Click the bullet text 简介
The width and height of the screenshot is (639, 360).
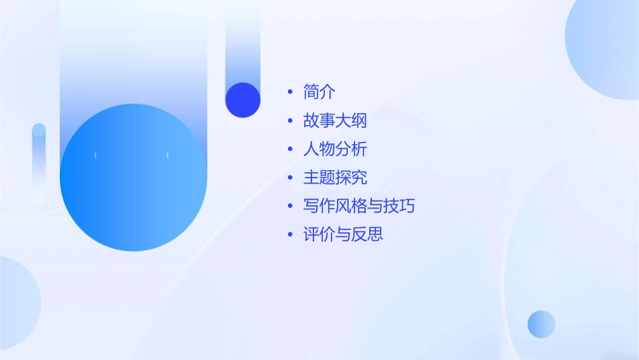point(319,92)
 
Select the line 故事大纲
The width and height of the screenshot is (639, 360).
point(335,121)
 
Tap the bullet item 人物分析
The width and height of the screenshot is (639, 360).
point(335,149)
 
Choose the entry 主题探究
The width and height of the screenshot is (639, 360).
point(335,178)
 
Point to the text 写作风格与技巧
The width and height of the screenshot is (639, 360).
point(359,206)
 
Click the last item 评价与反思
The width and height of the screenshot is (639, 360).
point(343,234)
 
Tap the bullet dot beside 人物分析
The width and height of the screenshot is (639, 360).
point(290,149)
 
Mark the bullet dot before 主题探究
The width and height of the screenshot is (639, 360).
point(290,178)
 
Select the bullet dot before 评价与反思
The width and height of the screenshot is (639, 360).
point(290,235)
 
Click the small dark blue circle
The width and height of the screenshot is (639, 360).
point(243,100)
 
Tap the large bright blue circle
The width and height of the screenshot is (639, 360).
point(133,178)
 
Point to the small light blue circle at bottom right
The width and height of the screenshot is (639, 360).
point(541,324)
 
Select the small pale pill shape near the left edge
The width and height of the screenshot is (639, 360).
point(39,161)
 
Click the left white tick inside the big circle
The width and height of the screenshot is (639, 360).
point(96,155)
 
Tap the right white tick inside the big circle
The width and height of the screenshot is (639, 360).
point(167,155)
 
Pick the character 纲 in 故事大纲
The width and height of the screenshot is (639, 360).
point(359,121)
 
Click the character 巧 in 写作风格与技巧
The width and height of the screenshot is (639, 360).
point(407,206)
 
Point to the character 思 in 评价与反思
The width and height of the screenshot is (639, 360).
point(375,234)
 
